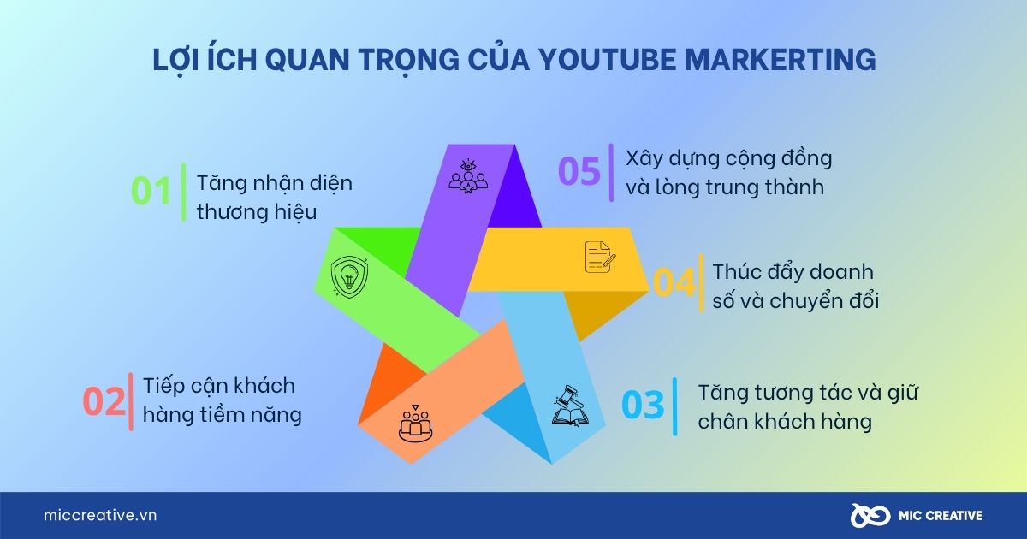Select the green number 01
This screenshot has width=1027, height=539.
pyautogui.click(x=152, y=191)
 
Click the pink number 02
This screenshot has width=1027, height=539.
pyautogui.click(x=104, y=401)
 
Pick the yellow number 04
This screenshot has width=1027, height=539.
pyautogui.click(x=674, y=283)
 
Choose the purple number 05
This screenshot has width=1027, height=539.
pyautogui.click(x=579, y=171)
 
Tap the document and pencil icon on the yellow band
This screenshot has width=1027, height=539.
pyautogui.click(x=599, y=257)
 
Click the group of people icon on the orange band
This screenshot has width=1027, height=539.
pyautogui.click(x=416, y=424)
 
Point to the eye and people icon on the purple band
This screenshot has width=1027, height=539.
pyautogui.click(x=467, y=176)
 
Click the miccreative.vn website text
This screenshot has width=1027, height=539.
pyautogui.click(x=100, y=515)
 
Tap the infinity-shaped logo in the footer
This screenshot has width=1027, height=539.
pyautogui.click(x=871, y=515)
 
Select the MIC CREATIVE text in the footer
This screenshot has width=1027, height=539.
pyautogui.click(x=940, y=515)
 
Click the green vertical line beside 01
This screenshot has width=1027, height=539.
pyautogui.click(x=183, y=192)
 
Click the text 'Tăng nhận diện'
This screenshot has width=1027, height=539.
pyautogui.click(x=275, y=183)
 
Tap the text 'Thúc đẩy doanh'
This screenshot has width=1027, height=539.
pyautogui.click(x=793, y=271)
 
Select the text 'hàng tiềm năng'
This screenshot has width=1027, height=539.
pyautogui.click(x=223, y=416)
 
